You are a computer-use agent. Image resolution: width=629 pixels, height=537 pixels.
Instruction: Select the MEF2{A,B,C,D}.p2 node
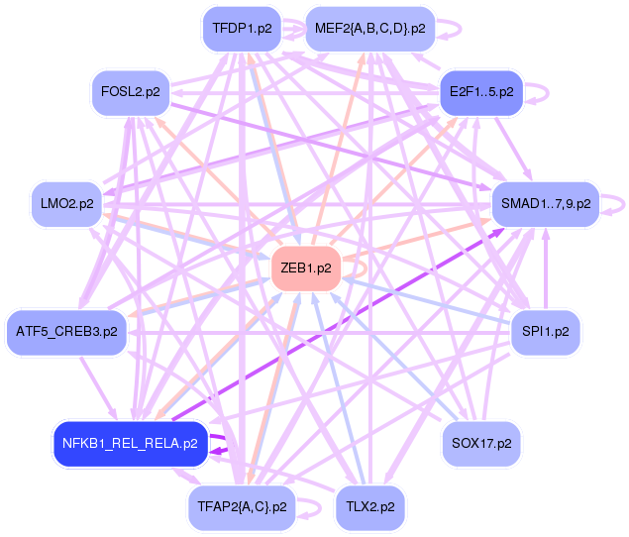369,29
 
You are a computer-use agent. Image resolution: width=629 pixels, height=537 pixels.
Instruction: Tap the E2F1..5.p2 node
480,92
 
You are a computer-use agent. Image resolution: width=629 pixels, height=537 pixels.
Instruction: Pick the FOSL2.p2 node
130,92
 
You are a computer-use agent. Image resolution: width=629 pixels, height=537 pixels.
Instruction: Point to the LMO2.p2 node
67,203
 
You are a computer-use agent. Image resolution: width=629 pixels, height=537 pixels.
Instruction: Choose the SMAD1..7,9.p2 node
545,203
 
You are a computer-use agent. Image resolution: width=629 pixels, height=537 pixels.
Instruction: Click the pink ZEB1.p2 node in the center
305,268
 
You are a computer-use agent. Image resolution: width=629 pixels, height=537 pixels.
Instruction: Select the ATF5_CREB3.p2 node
66,330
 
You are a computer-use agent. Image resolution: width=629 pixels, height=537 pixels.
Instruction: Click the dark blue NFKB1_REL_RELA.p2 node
129,443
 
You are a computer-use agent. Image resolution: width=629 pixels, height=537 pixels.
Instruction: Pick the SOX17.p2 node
480,443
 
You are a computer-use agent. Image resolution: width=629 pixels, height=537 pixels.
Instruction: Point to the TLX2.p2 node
369,506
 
